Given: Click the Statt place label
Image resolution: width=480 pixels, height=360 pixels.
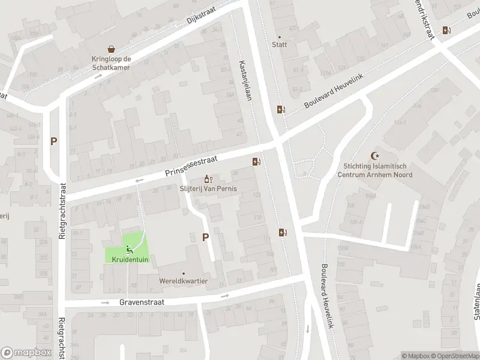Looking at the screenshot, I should coord(279,44).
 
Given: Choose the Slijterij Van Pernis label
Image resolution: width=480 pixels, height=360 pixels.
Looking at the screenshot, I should coord(208,188).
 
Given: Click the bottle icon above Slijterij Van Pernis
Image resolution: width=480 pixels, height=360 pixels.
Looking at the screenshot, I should coord(208,178).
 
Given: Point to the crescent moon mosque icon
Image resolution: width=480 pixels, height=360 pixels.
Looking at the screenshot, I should coord(377,155).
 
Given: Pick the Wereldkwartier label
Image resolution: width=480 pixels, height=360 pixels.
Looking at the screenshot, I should coord(184,280).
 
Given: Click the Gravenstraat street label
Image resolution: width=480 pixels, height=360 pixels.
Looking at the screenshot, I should coord(140,303).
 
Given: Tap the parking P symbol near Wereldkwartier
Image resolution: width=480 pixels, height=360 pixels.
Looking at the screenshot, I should coord(205,238).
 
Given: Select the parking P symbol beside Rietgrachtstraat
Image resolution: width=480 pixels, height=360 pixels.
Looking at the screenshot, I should coord(54,142).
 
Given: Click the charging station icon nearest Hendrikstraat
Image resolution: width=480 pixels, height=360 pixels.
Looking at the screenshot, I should coord(446,31).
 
